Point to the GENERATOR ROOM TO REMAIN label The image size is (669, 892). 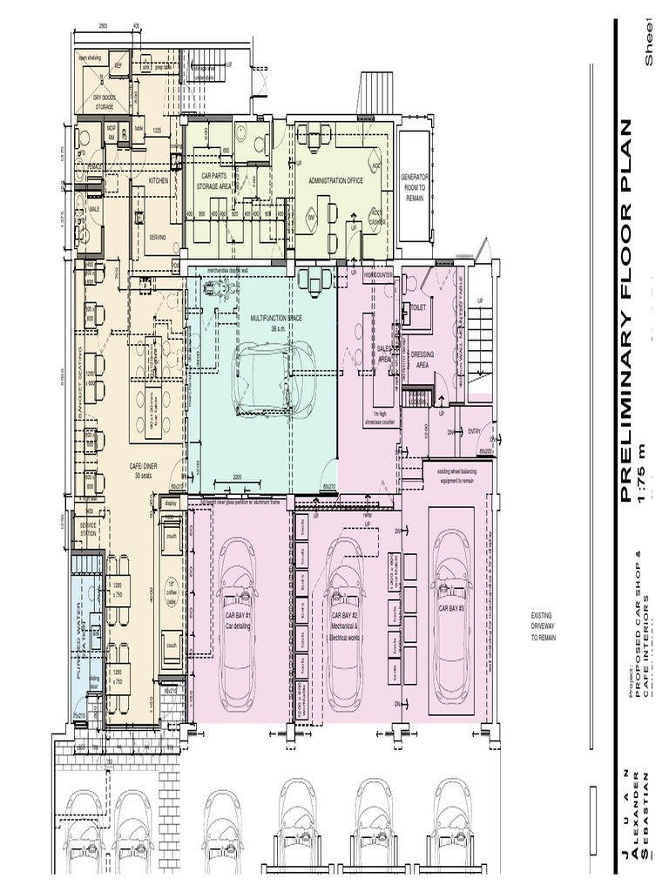click(x=415, y=187)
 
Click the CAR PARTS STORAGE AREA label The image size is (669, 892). click(x=213, y=180)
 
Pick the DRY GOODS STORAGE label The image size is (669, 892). click(x=105, y=103)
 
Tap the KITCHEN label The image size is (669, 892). click(x=158, y=180)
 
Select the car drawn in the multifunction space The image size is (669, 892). click(x=274, y=380)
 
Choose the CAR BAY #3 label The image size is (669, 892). click(x=451, y=609)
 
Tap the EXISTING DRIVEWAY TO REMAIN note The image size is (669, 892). click(x=543, y=626)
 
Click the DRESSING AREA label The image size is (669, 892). click(x=422, y=360)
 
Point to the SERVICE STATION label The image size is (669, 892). click(x=88, y=529)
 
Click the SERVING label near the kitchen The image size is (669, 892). click(x=158, y=236)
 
